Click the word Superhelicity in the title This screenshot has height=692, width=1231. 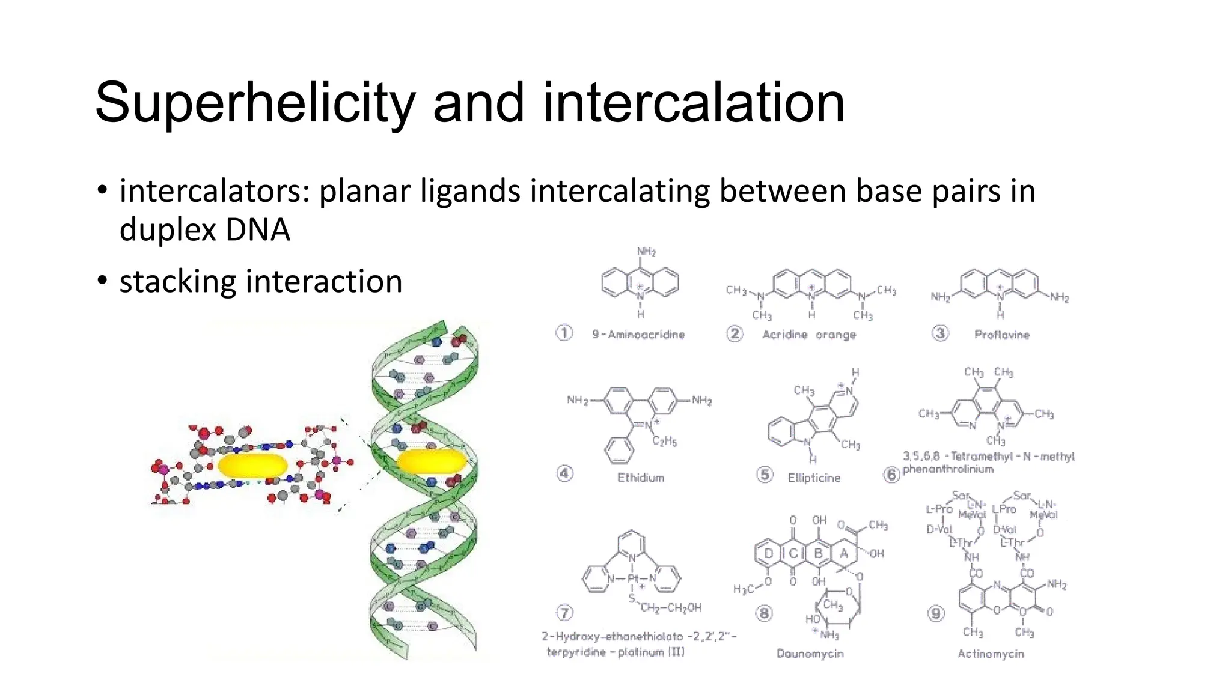click(255, 103)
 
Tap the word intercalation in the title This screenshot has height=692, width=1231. click(694, 103)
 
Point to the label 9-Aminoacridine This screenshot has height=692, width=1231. click(638, 334)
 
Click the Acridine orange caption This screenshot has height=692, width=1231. click(808, 334)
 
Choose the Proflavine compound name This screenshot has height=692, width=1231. click(1001, 335)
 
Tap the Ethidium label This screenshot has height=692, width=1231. click(641, 478)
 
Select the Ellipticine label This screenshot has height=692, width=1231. click(814, 478)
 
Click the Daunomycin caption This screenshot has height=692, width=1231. click(810, 654)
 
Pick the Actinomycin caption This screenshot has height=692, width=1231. click(991, 654)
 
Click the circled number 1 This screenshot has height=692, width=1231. click(564, 333)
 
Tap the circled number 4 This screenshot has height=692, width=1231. click(564, 473)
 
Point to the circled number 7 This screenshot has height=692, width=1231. click(564, 613)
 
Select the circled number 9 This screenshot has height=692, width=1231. click(936, 613)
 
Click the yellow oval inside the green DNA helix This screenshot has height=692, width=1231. click(432, 461)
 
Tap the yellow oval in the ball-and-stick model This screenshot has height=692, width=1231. click(252, 466)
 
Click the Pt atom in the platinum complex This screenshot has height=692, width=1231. click(632, 579)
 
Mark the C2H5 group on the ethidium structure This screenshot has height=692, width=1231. click(664, 442)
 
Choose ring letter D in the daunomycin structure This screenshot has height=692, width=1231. click(769, 553)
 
